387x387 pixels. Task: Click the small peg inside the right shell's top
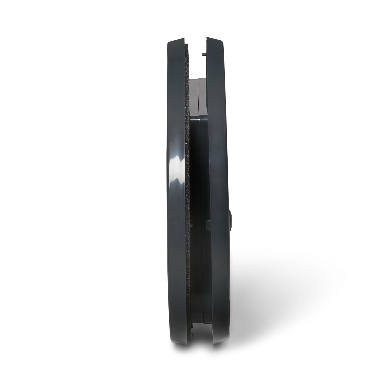(204, 54)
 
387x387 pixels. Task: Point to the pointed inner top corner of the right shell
(206, 38)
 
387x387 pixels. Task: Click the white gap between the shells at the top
(196, 59)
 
